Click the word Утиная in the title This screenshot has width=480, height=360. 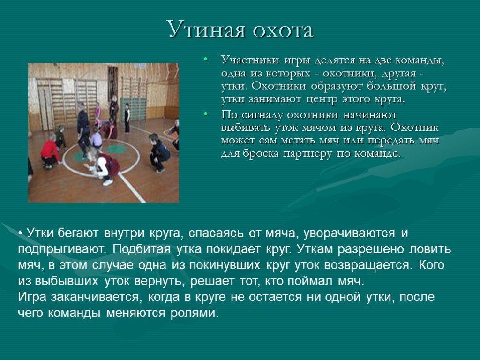pos(207,30)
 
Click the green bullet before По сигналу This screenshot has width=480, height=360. pos(205,114)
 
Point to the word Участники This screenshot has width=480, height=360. pos(250,60)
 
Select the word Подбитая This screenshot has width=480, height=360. pos(141,249)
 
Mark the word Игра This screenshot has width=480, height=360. pos(32,297)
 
